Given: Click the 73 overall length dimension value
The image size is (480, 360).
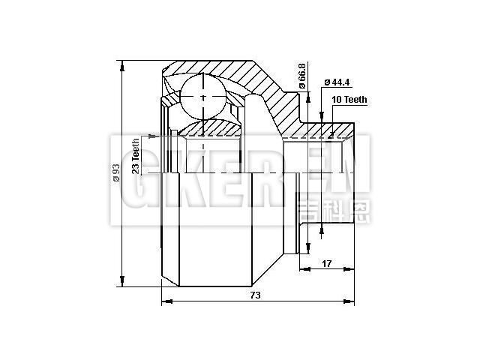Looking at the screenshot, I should (x=255, y=295).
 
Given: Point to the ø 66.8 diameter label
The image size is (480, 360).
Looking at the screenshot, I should (x=302, y=76).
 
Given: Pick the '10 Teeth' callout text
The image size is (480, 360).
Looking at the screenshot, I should (x=347, y=99).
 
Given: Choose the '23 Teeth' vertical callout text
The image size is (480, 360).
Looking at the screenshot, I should (x=136, y=155).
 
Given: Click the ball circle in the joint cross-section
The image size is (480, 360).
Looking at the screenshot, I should (x=204, y=97).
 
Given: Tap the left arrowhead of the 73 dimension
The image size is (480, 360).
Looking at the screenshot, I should (x=166, y=302).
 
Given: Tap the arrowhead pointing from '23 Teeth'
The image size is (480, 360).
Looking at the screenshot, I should (x=154, y=136).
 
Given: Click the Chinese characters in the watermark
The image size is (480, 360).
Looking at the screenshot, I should (x=333, y=211).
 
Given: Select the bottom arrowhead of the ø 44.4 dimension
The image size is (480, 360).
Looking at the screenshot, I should (x=321, y=231).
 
